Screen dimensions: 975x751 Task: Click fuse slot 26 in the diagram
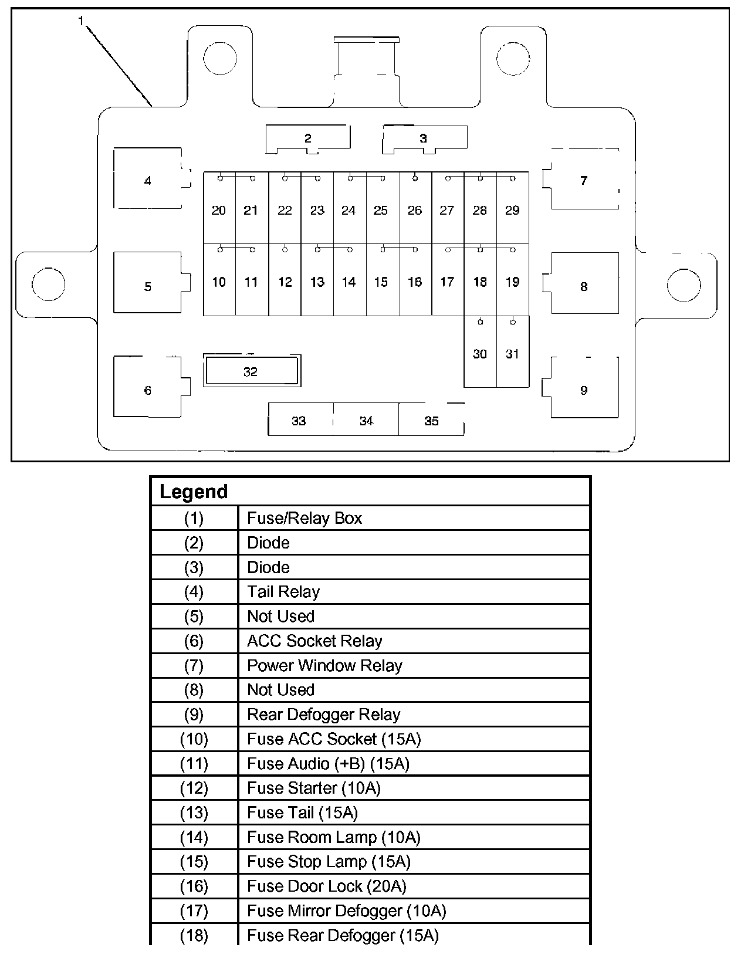tap(415, 210)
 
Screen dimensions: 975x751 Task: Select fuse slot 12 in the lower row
tap(285, 282)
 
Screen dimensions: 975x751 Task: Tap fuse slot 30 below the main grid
tap(480, 354)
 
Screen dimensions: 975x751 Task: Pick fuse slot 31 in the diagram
tap(512, 354)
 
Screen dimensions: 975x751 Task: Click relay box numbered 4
tap(148, 180)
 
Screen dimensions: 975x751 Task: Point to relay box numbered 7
tap(584, 180)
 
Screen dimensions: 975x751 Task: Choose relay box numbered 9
tap(584, 390)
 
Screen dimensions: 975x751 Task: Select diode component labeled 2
tap(308, 139)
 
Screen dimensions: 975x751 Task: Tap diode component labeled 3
tap(424, 139)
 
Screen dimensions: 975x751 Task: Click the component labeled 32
tap(251, 371)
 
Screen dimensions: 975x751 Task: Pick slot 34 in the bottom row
tap(366, 420)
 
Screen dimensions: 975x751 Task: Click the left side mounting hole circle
tap(49, 283)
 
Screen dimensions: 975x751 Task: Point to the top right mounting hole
tap(513, 58)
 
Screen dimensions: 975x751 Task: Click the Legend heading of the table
tap(194, 492)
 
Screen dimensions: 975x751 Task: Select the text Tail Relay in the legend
tap(283, 591)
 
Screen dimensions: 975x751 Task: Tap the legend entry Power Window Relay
tap(324, 665)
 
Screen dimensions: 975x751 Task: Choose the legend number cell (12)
tap(194, 788)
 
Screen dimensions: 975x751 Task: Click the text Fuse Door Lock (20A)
tap(327, 886)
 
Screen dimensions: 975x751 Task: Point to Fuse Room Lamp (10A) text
tap(334, 837)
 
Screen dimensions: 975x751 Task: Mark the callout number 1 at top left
tap(81, 21)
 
